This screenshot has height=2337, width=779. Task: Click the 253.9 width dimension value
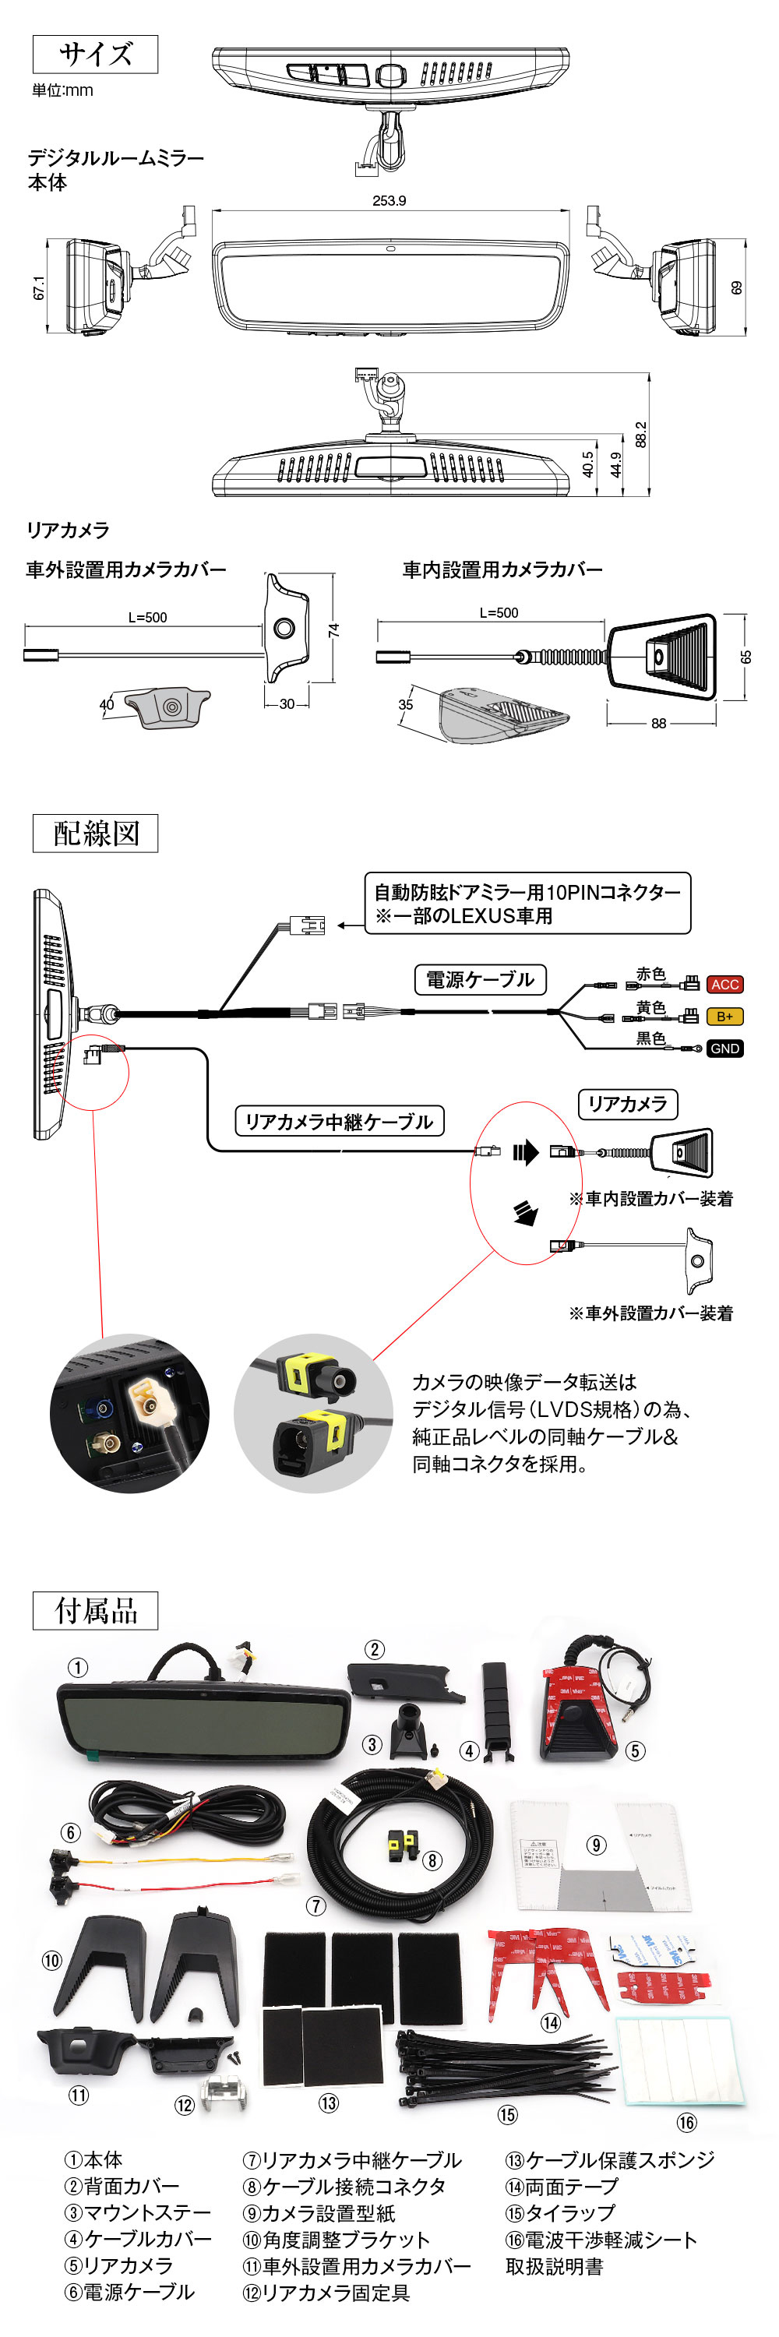[x=389, y=200]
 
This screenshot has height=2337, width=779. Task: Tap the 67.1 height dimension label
[x=39, y=287]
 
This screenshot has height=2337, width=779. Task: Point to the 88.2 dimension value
[x=641, y=434]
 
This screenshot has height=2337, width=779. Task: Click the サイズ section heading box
[x=95, y=55]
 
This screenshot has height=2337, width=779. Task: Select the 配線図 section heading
[x=95, y=832]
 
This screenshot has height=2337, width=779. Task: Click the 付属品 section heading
[x=95, y=1609]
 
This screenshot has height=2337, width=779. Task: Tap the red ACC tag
[x=724, y=985]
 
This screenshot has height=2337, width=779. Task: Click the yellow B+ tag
[x=724, y=1016]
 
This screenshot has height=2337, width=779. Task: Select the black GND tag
[x=724, y=1048]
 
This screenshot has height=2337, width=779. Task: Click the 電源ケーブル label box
[x=480, y=979]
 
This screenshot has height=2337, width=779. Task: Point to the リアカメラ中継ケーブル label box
[x=339, y=1120]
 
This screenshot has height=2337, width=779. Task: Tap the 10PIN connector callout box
[x=527, y=903]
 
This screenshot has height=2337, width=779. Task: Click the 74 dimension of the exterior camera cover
[x=333, y=629]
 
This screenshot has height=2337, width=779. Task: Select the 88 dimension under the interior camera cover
[x=658, y=723]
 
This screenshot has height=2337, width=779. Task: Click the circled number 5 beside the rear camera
[x=636, y=1750]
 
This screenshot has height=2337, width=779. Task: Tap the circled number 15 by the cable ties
[x=507, y=2114]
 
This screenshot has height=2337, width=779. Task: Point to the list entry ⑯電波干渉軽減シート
[x=601, y=2239]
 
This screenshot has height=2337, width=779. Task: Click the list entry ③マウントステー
[x=137, y=2212]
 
